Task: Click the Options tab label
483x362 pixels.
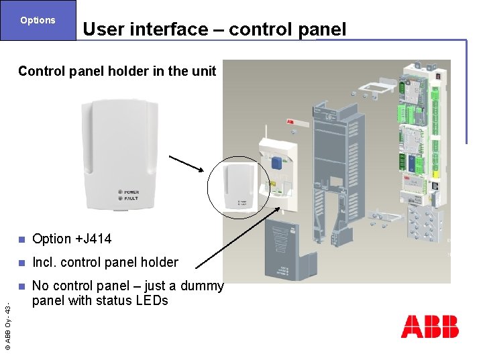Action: tap(38, 20)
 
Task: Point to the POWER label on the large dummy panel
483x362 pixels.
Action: tap(130, 192)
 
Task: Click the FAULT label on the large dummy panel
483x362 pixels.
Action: tap(130, 198)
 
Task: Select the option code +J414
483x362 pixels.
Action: tap(93, 239)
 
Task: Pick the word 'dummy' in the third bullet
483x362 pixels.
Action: tap(201, 286)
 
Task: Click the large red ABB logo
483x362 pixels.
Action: tap(429, 326)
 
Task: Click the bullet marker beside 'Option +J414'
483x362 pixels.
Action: tap(21, 239)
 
